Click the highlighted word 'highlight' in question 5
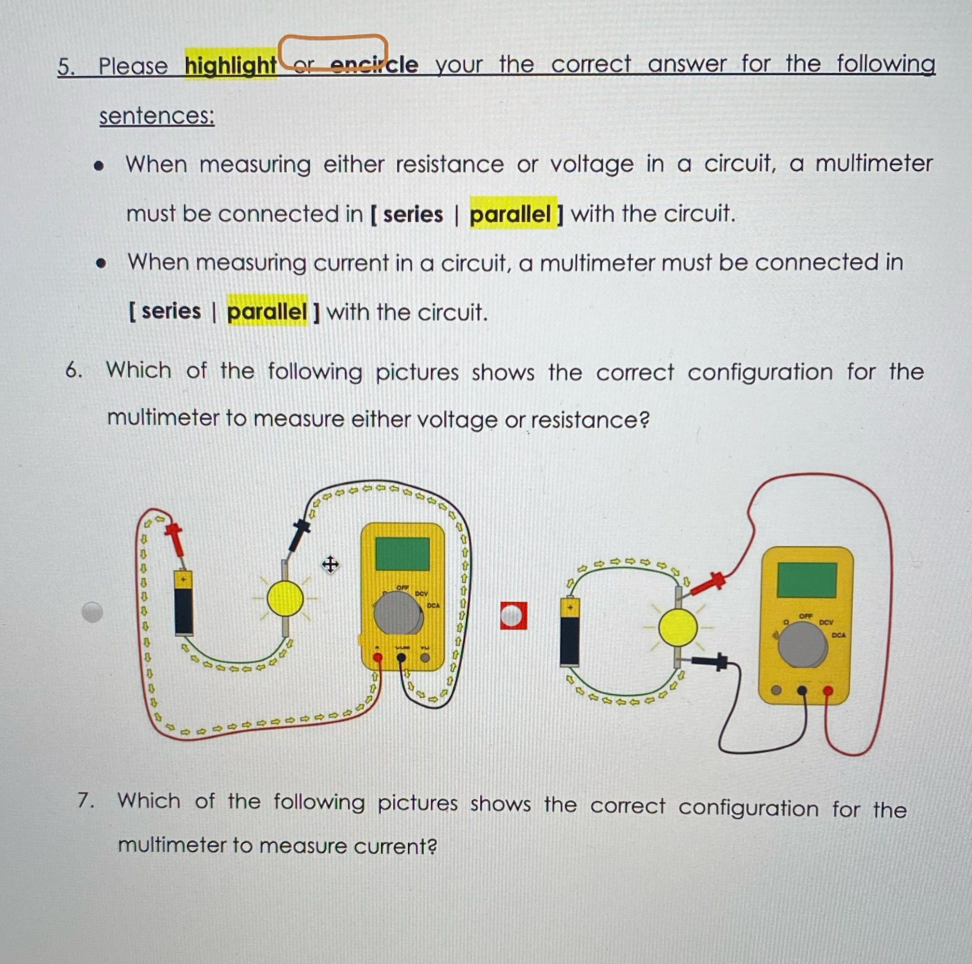230,65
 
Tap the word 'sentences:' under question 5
156,116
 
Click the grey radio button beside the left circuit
93,612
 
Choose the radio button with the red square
513,616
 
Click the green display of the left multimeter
402,554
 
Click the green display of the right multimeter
806,580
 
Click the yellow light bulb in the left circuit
285,598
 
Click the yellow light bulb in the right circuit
678,628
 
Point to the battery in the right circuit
569,631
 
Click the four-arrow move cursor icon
330,564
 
